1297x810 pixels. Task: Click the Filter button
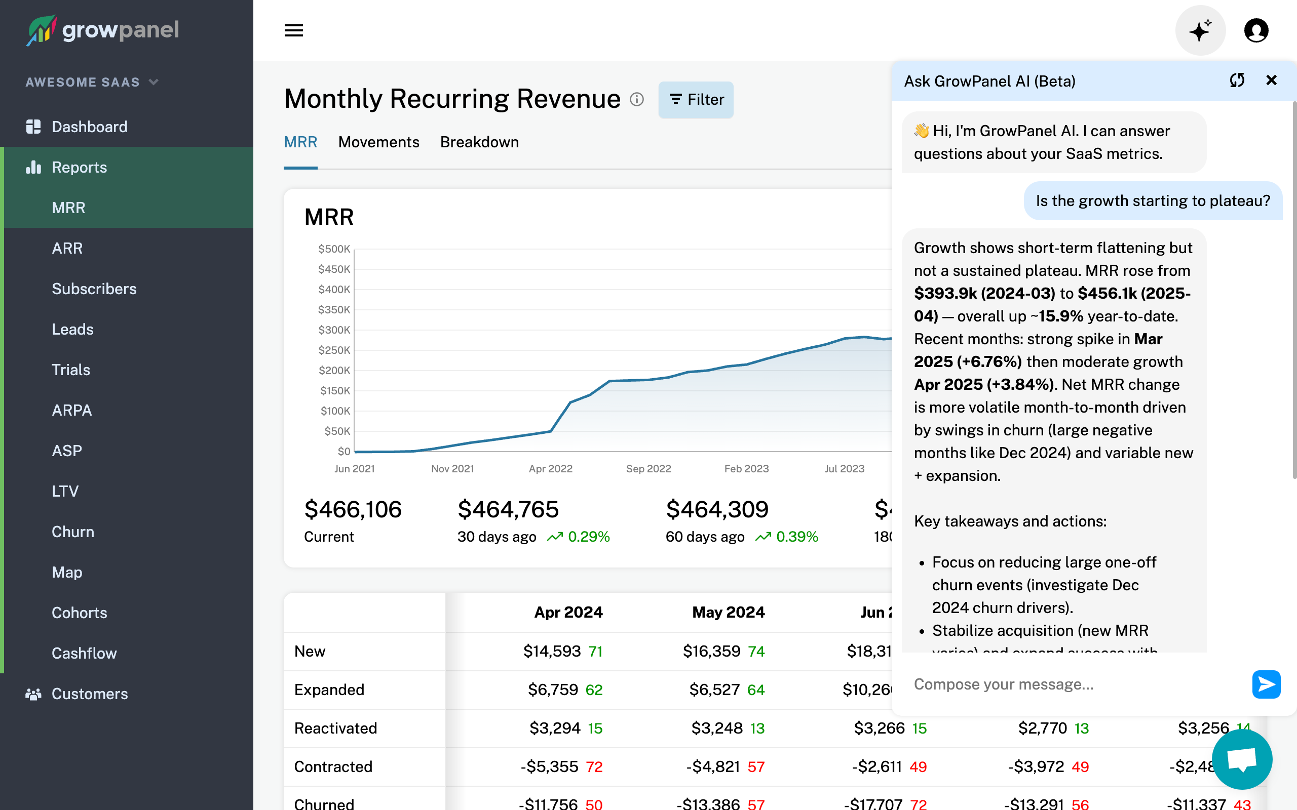[x=696, y=100]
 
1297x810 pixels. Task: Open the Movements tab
[x=378, y=142]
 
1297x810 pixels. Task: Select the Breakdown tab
[x=479, y=142]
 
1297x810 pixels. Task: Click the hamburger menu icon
[x=294, y=30]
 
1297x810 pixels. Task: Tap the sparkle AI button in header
[x=1200, y=30]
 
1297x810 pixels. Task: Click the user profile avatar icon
[x=1256, y=30]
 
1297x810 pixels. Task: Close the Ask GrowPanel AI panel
[x=1271, y=80]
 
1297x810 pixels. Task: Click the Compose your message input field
[x=1077, y=684]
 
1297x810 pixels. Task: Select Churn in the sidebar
[x=73, y=532]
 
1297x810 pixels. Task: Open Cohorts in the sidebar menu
[x=80, y=613]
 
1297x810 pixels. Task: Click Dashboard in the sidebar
[x=89, y=127]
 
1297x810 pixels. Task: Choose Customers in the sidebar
[x=89, y=694]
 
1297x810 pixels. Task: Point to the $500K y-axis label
[x=334, y=249]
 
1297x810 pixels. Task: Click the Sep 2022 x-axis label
[x=648, y=469]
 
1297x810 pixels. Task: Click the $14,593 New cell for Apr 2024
[x=552, y=651]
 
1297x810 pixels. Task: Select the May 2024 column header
[x=728, y=613]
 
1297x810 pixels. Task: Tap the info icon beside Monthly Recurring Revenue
[x=637, y=100]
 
